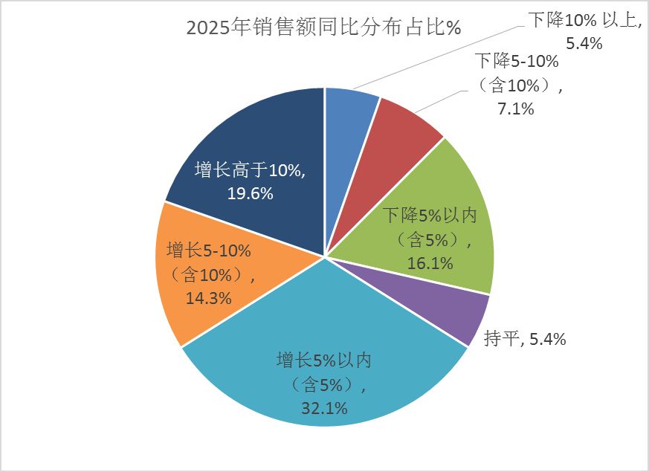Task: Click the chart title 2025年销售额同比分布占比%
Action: (x=324, y=28)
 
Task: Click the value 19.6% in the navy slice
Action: (x=250, y=193)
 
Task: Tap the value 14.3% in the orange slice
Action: (x=208, y=298)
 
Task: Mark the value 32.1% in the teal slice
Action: (x=323, y=407)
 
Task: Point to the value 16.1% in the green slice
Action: (x=430, y=262)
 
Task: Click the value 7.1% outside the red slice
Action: (x=517, y=109)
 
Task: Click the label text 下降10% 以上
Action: (x=584, y=20)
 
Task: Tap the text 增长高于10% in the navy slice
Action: (x=250, y=170)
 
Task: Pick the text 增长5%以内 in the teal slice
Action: (x=323, y=361)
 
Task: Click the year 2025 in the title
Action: (x=208, y=28)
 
